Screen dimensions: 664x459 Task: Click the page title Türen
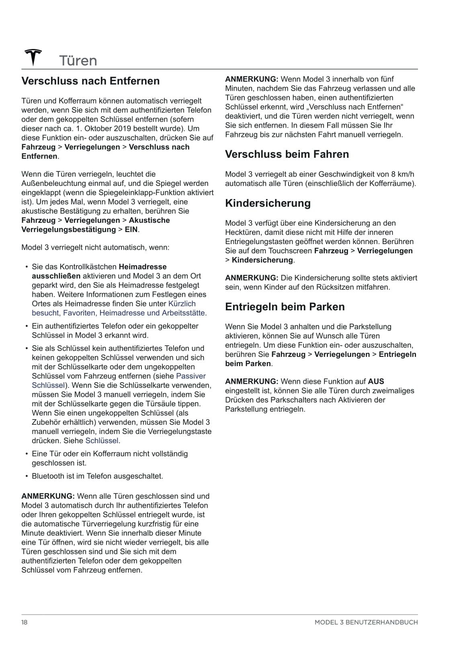pos(78,61)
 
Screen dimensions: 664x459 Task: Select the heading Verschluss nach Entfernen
pos(90,81)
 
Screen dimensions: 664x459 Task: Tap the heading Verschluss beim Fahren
pos(287,155)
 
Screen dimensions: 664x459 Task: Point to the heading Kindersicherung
pos(268,203)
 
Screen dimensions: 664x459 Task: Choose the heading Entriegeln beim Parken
pos(285,307)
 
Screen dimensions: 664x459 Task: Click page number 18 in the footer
pos(25,622)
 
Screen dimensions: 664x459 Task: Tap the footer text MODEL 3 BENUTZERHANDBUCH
pos(366,622)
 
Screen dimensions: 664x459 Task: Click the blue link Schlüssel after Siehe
pos(102,441)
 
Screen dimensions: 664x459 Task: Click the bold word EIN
pos(131,230)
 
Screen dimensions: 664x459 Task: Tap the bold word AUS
pos(376,381)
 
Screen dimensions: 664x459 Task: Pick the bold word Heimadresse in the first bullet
pos(143,267)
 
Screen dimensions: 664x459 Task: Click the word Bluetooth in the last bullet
pos(48,477)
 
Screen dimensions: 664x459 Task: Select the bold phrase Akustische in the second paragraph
pos(149,220)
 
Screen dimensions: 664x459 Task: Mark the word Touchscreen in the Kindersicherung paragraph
pos(290,251)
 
